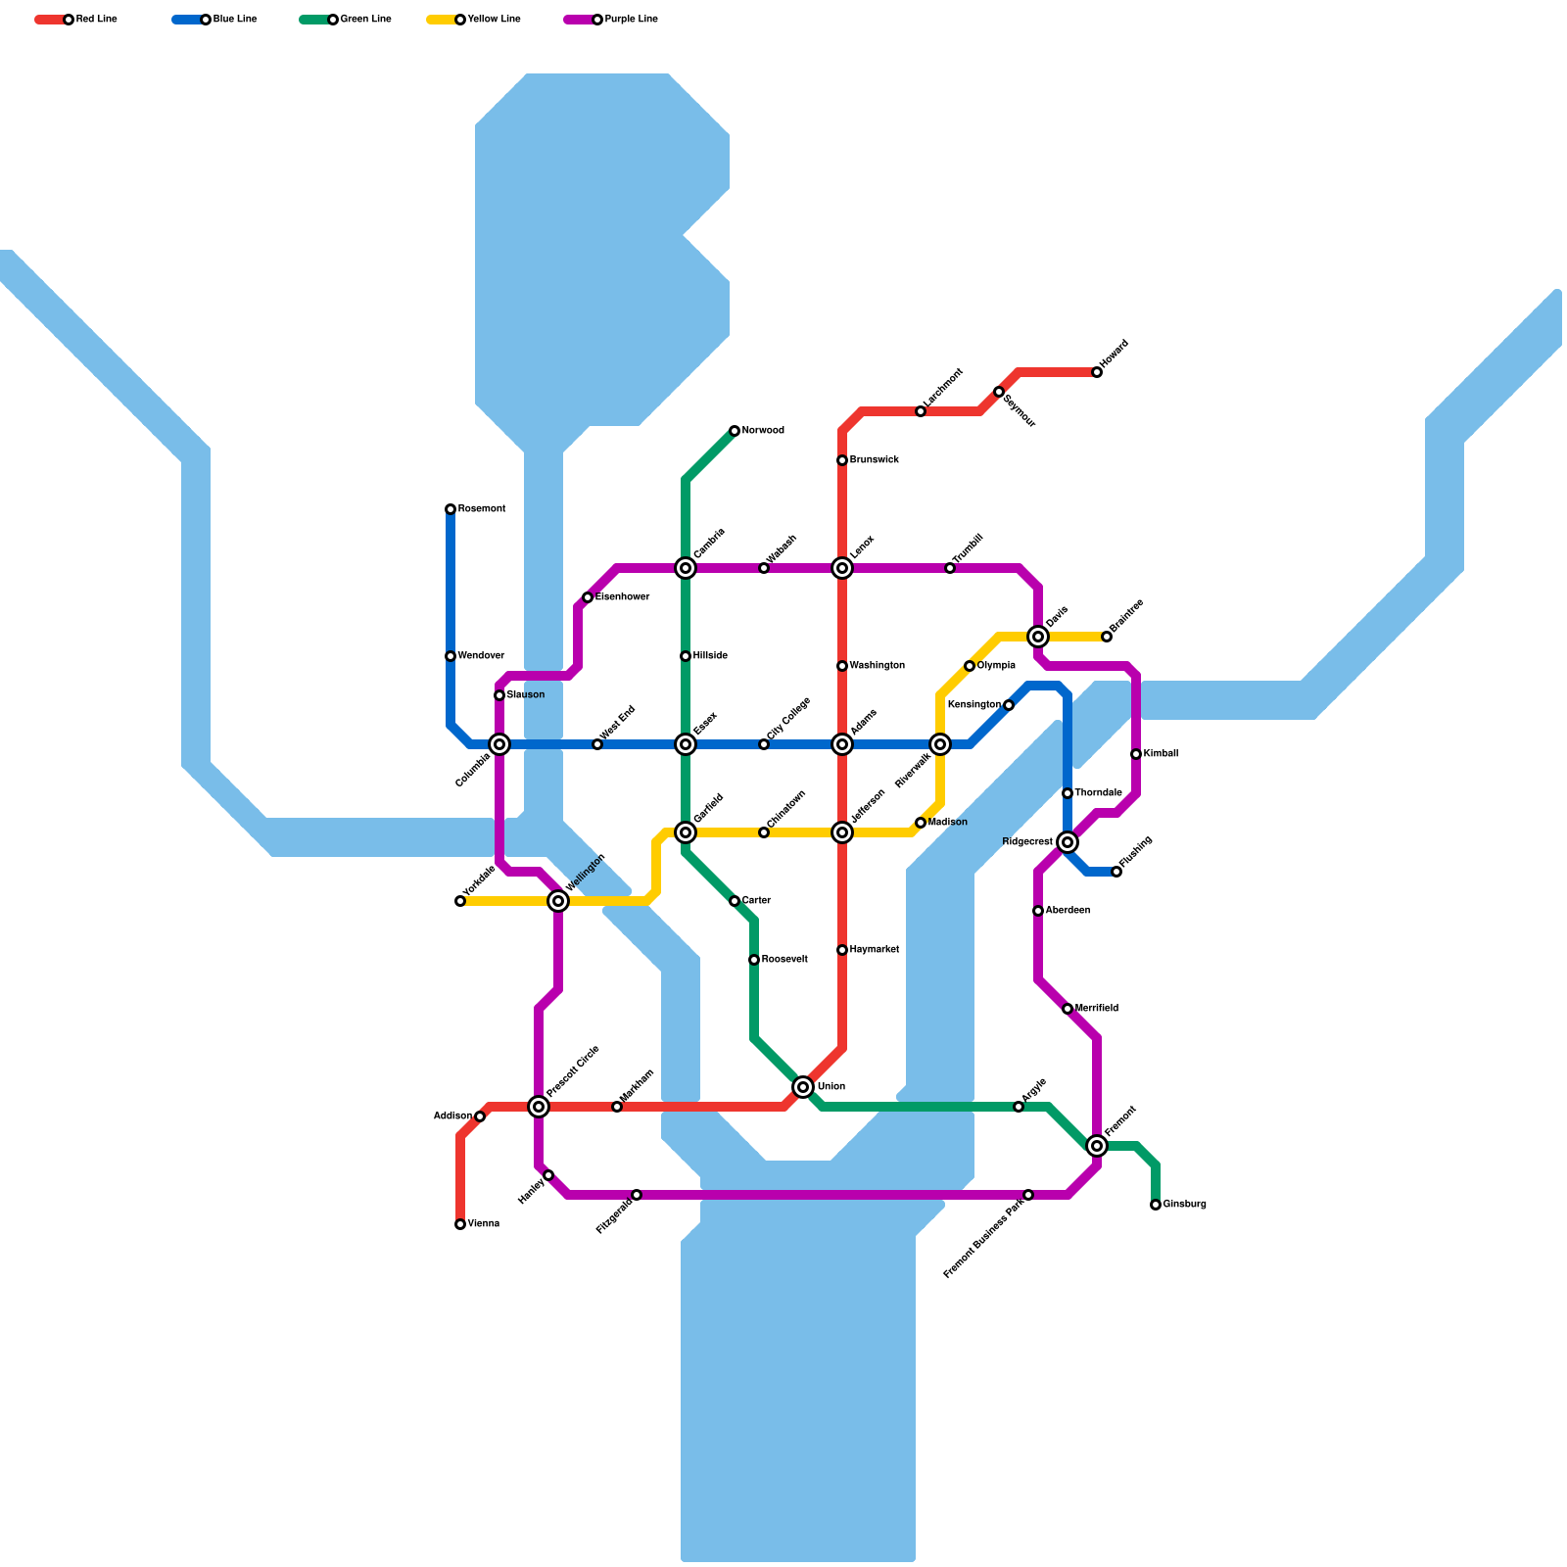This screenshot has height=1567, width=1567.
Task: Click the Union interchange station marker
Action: pos(803,1087)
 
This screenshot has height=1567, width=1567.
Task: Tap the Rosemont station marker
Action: pos(451,509)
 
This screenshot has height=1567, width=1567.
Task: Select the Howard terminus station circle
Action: pos(1097,372)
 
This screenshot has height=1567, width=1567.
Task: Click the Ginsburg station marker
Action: pos(1156,1205)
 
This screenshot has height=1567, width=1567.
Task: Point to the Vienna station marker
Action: pos(460,1224)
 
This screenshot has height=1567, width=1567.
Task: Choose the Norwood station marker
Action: pos(735,431)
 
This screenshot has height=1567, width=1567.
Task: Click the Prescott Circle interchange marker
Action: pos(539,1107)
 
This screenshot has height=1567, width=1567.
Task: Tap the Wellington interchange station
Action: pos(558,901)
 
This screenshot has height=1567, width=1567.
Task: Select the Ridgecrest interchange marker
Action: pos(1068,842)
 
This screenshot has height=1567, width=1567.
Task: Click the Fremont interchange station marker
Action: pos(1097,1146)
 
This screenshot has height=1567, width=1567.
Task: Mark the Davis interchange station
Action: pos(1038,637)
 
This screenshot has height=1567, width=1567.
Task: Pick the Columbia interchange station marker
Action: pos(499,744)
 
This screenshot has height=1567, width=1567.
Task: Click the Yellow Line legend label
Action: pos(494,20)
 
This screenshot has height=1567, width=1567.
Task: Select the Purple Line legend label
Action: pos(631,20)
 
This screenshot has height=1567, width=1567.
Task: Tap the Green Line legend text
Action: pos(365,20)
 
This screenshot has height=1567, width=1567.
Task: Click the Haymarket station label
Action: pos(874,950)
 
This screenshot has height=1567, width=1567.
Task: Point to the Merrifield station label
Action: pos(1096,1009)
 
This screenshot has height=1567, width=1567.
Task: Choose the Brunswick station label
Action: pos(874,460)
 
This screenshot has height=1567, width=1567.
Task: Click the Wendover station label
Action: pos(480,656)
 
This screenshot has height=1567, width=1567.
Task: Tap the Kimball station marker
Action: pos(1136,754)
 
